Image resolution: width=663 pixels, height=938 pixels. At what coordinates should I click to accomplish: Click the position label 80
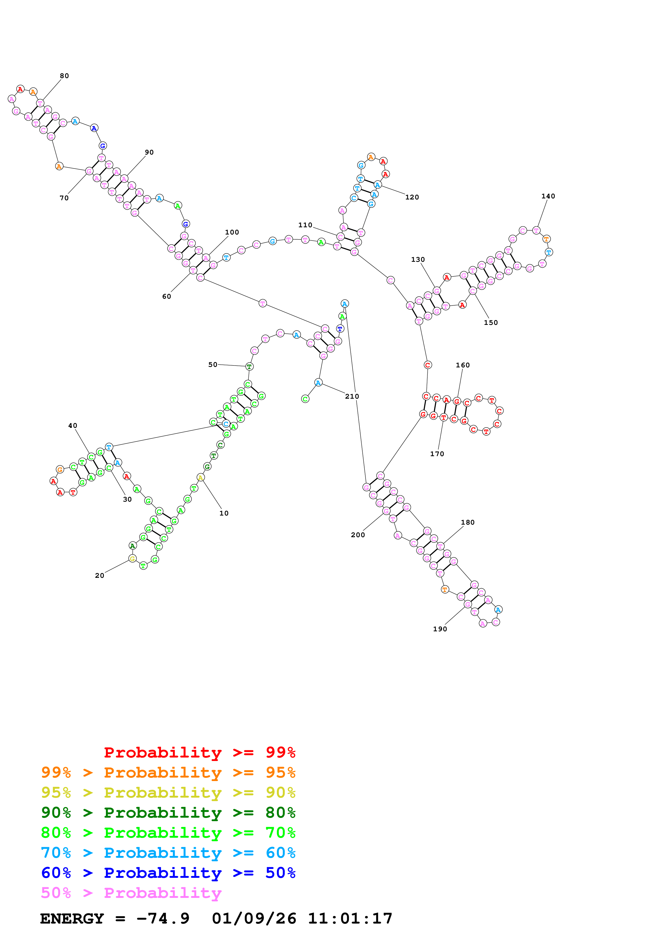pyautogui.click(x=64, y=76)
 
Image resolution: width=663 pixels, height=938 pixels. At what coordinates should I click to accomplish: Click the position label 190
pyautogui.click(x=440, y=629)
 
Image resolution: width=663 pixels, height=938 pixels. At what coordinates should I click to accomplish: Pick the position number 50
pyautogui.click(x=213, y=364)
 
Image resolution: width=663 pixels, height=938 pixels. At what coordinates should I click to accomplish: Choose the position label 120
pyautogui.click(x=412, y=197)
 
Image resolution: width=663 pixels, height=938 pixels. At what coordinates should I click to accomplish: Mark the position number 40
pyautogui.click(x=73, y=426)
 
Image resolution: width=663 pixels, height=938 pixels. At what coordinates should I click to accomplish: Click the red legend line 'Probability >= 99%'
pyautogui.click(x=199, y=752)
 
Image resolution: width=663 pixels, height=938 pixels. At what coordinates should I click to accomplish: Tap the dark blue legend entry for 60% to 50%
pyautogui.click(x=168, y=873)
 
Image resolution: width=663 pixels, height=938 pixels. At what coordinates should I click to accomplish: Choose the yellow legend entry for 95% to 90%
pyautogui.click(x=168, y=793)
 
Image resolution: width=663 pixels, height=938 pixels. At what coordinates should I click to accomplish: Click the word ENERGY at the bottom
pyautogui.click(x=72, y=918)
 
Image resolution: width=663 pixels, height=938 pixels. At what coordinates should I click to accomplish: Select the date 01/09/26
pyautogui.click(x=254, y=918)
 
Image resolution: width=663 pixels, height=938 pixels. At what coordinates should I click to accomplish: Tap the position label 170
pyautogui.click(x=437, y=454)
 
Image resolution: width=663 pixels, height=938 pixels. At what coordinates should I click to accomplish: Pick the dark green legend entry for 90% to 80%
pyautogui.click(x=168, y=813)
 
